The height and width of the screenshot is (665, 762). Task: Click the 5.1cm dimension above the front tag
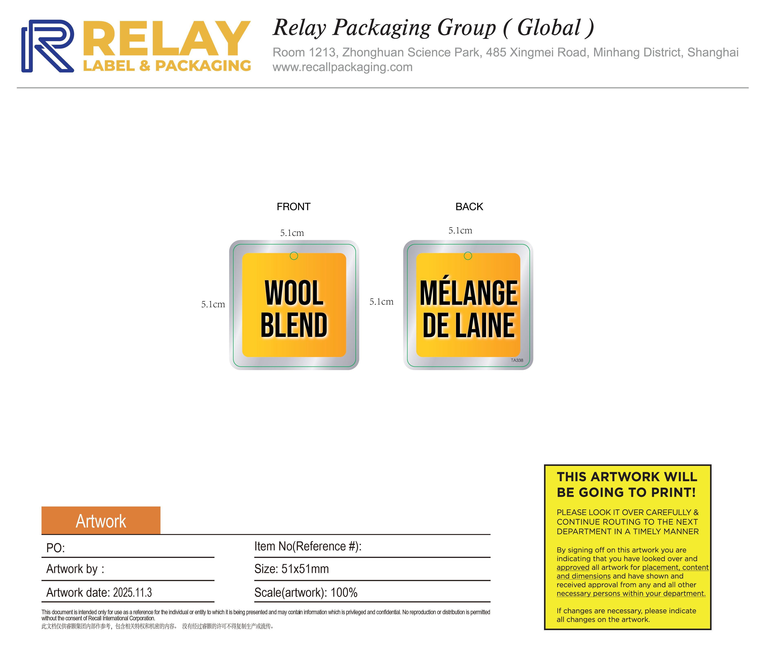292,233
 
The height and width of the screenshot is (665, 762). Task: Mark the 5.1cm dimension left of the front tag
213,304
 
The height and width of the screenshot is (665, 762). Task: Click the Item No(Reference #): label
308,546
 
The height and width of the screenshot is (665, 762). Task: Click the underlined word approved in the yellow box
573,567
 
